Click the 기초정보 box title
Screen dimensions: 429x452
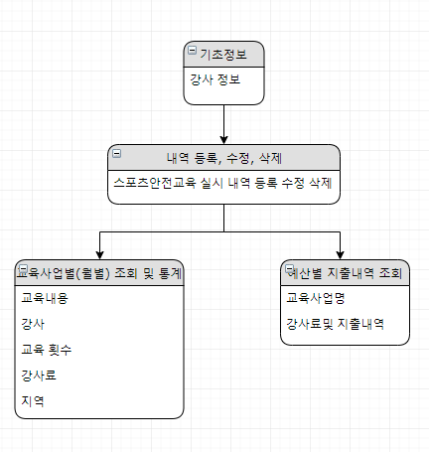pos(223,55)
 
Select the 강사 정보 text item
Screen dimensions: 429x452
pos(214,79)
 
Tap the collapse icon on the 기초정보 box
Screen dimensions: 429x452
pos(192,51)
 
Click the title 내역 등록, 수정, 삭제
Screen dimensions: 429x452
pos(224,158)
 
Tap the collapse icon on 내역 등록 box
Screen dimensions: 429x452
pos(117,154)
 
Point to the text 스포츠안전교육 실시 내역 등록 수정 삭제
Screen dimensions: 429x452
pos(222,183)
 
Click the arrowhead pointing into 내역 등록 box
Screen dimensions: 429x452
pos(224,140)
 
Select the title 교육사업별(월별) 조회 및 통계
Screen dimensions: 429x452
pos(99,273)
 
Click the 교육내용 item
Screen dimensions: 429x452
pos(45,298)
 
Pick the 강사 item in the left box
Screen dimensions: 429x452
pos(33,324)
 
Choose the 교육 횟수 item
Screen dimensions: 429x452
pos(47,350)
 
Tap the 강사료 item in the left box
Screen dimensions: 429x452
pos(39,376)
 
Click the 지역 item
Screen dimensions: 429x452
pos(33,401)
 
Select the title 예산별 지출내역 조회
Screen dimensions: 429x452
pos(345,273)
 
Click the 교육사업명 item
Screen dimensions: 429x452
pos(316,298)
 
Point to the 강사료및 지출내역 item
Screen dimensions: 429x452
pos(335,324)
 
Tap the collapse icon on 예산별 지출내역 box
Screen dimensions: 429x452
pos(289,269)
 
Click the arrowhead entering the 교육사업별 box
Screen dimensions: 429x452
pos(100,255)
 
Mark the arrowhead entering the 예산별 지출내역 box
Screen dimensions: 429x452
pos(340,255)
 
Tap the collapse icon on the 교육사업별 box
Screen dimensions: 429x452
pos(24,269)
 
